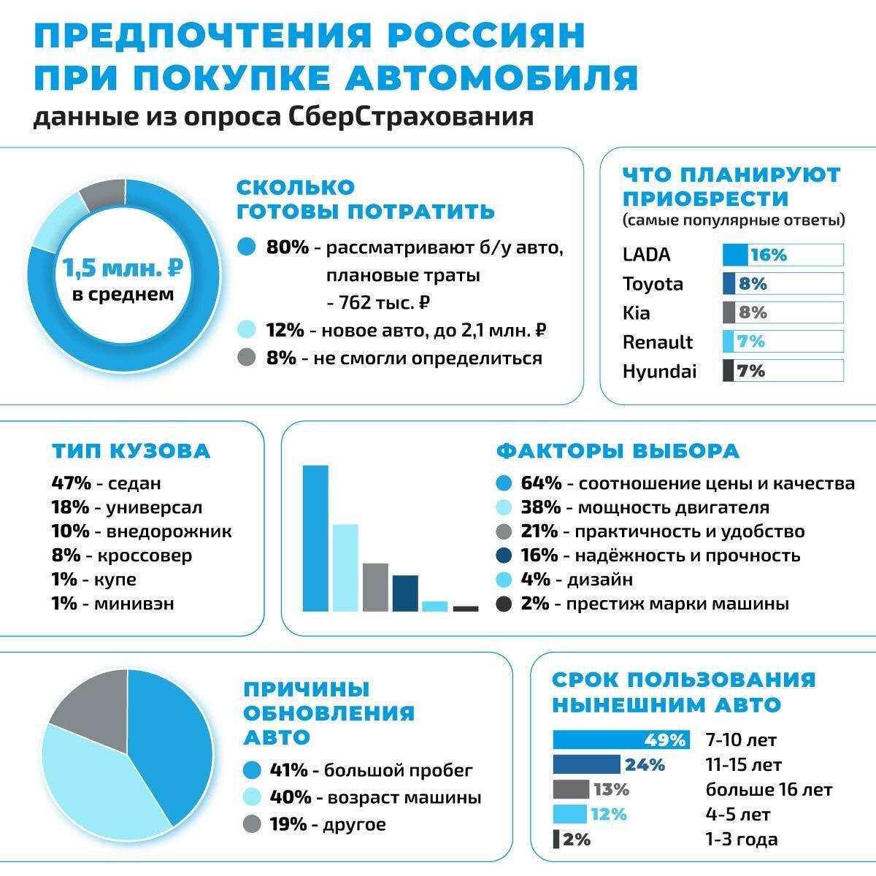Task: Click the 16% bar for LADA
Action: pyautogui.click(x=735, y=255)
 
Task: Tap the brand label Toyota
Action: pyautogui.click(x=653, y=284)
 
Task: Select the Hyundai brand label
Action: pyautogui.click(x=659, y=372)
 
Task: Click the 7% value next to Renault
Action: pyautogui.click(x=751, y=342)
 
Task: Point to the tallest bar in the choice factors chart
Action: pyautogui.click(x=315, y=537)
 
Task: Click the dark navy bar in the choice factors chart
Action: pyautogui.click(x=405, y=593)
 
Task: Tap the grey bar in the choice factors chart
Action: pyautogui.click(x=375, y=587)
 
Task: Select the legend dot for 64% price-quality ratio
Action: pyautogui.click(x=503, y=483)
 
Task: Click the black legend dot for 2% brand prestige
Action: pyautogui.click(x=503, y=604)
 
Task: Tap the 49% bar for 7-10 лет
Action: pyautogui.click(x=620, y=740)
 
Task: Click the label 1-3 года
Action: pyautogui.click(x=741, y=839)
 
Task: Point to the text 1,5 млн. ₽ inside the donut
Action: pyautogui.click(x=123, y=268)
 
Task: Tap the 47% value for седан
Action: pyautogui.click(x=71, y=483)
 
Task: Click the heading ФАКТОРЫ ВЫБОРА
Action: pyautogui.click(x=618, y=451)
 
